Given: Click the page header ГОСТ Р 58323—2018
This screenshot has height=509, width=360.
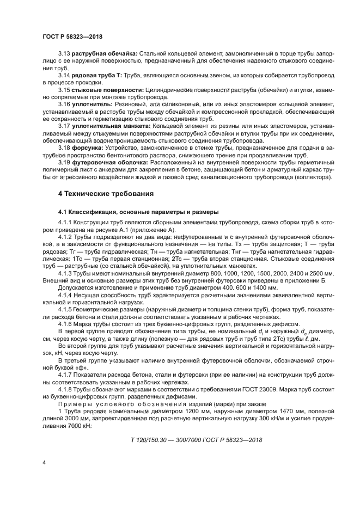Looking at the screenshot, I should (x=72, y=36).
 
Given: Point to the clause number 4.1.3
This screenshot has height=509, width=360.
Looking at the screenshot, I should (x=66, y=272).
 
